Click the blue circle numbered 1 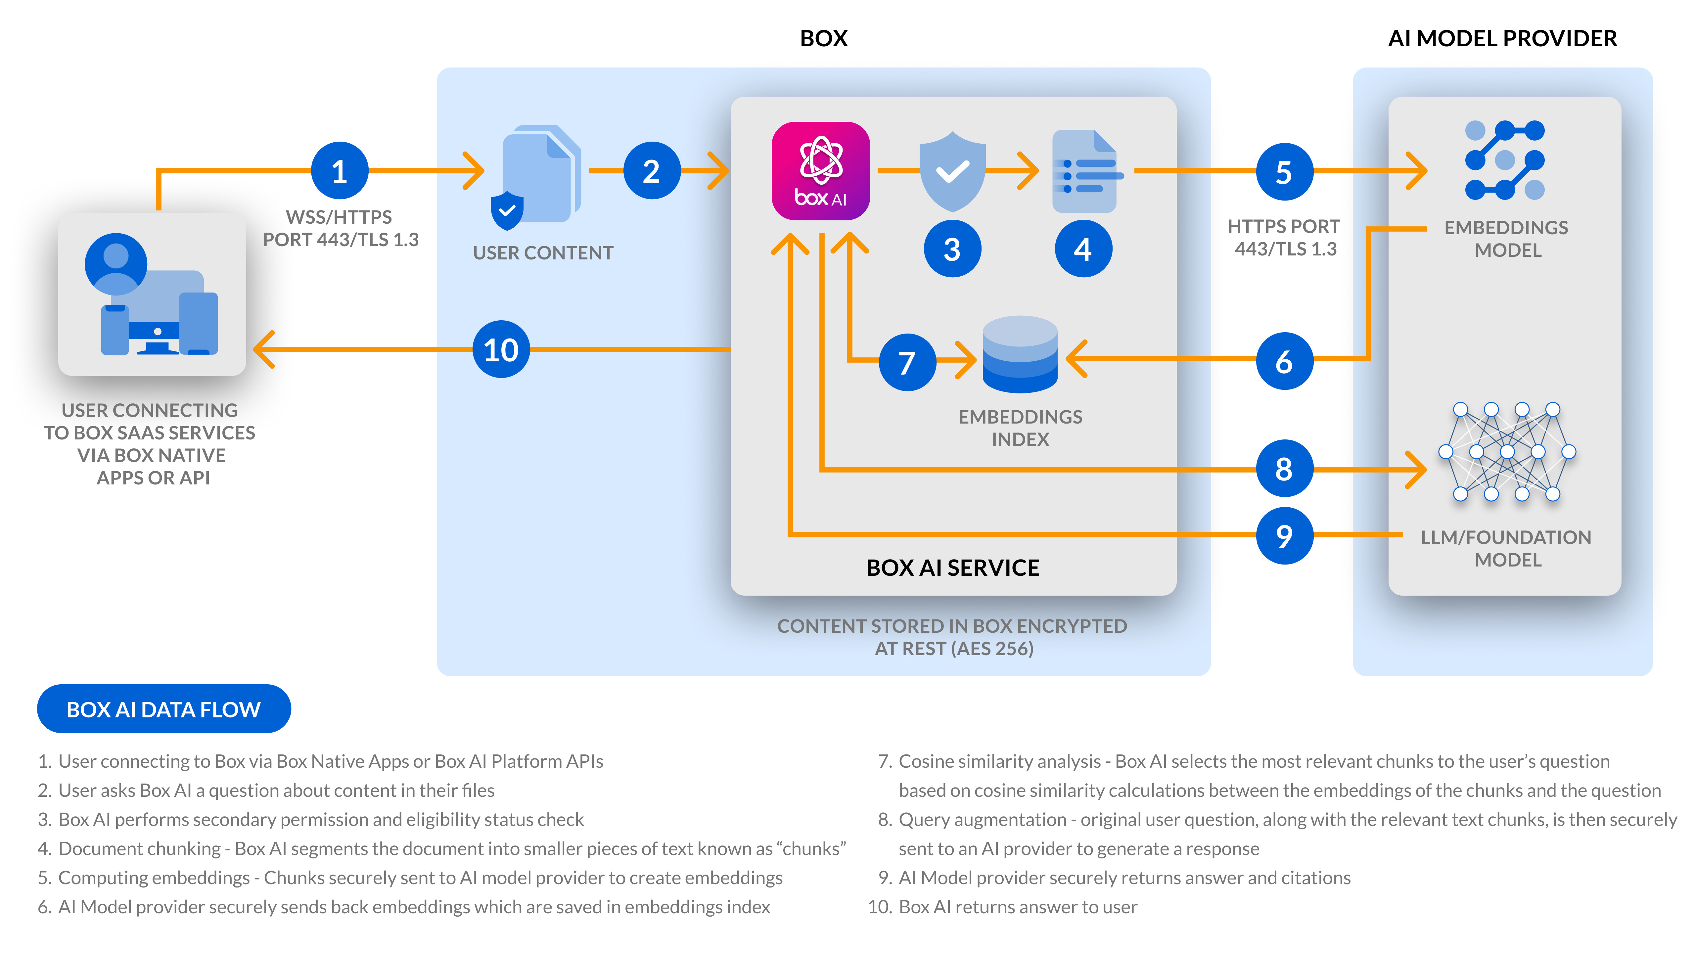tap(339, 171)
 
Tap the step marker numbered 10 tap(501, 349)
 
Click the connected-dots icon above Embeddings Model tap(1505, 160)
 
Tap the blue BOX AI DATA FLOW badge tap(164, 709)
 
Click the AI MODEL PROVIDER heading tap(1502, 38)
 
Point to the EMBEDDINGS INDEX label tap(1020, 428)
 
